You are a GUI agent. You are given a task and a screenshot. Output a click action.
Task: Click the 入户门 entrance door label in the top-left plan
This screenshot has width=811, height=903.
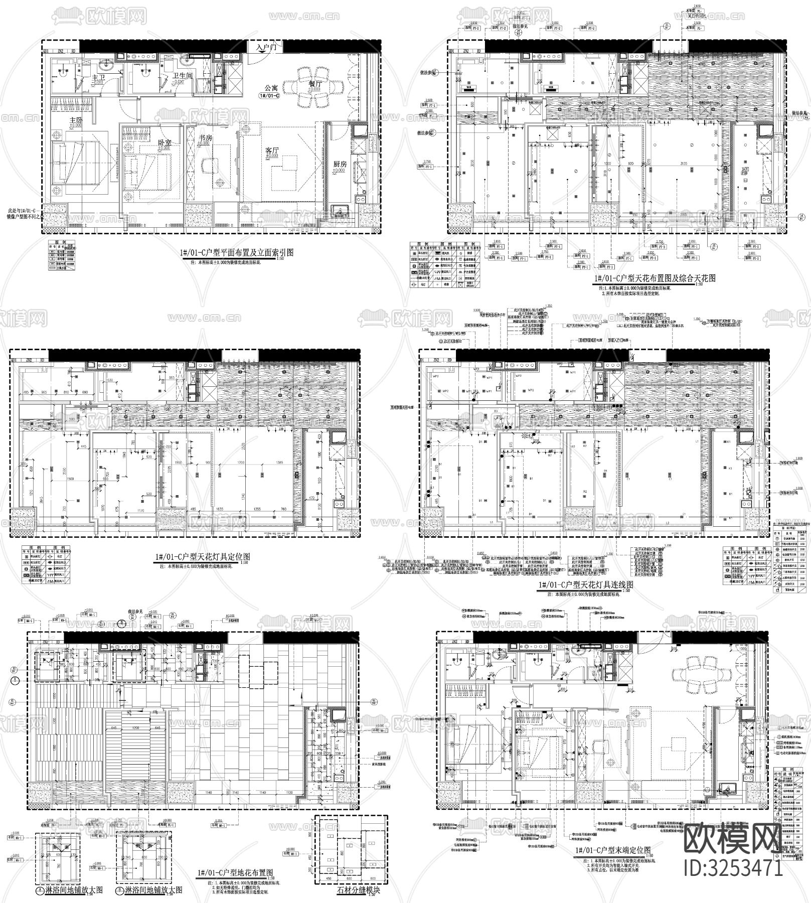[266, 48]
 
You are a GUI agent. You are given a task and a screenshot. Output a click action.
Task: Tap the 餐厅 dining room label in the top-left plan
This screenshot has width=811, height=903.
[315, 84]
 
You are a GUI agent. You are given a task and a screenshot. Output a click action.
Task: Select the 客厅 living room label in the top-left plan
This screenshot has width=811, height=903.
[272, 150]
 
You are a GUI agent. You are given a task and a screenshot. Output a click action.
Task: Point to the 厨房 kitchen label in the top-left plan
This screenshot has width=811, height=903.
[340, 164]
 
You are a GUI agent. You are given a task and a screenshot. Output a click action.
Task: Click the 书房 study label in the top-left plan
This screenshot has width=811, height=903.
[205, 138]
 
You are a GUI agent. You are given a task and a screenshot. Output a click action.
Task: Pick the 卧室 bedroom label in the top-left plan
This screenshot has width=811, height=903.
[165, 142]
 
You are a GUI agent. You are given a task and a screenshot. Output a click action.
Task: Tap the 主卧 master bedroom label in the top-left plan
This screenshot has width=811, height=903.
[76, 120]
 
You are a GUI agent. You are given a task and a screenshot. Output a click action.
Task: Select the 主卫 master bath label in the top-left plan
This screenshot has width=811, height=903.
[98, 78]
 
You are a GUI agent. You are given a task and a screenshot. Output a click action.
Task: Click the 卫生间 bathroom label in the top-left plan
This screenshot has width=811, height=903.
[182, 76]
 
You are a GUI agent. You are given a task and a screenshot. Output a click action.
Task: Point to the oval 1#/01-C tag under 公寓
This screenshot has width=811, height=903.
[269, 95]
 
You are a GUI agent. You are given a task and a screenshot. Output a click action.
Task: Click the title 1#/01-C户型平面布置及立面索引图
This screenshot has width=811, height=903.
[236, 253]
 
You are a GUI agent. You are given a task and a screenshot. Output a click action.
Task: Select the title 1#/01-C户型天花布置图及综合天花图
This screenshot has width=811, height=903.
[655, 278]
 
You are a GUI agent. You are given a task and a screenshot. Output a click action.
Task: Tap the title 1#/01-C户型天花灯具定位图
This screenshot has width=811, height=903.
[201, 557]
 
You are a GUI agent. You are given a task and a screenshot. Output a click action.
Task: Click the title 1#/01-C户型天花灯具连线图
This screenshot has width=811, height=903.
[585, 585]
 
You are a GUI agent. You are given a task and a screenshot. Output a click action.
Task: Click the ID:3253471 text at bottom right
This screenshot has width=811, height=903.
[733, 868]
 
